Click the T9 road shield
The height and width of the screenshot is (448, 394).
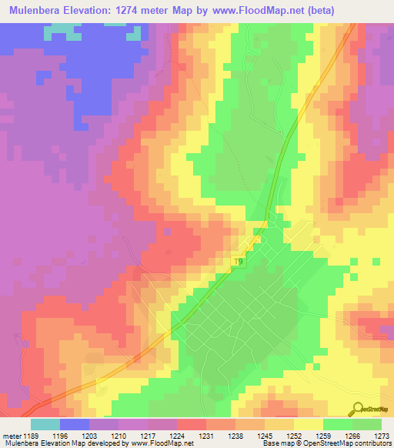point(239,262)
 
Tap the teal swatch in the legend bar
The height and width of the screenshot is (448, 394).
point(45,424)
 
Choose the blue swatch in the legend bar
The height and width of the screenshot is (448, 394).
point(75,424)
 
